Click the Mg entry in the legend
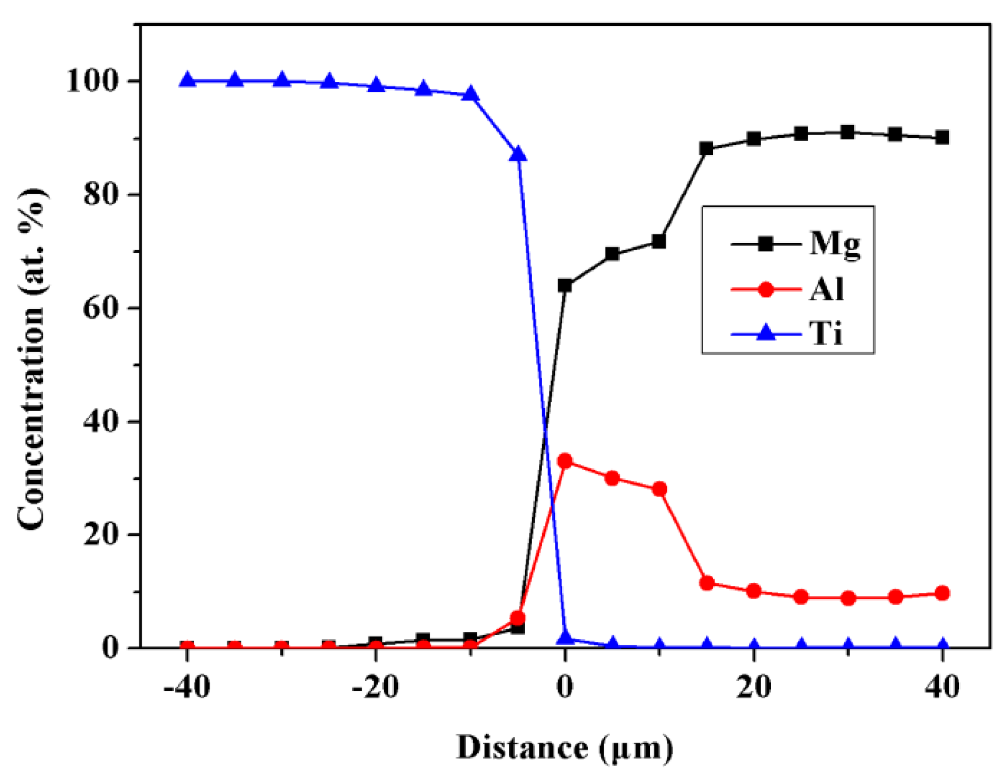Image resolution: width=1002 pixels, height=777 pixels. point(835,244)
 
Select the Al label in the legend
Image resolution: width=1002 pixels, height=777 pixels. point(827,289)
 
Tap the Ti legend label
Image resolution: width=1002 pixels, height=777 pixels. point(826,334)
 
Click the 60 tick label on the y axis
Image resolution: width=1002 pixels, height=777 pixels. point(100,308)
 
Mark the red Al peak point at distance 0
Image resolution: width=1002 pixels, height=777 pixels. point(565,461)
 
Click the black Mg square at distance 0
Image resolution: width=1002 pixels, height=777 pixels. point(565,286)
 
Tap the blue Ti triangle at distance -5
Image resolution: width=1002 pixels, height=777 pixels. point(518,154)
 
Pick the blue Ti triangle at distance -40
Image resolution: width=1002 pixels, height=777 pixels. point(187,80)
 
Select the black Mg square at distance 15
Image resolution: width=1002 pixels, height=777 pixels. point(706,148)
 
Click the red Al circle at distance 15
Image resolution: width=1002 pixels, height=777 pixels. point(706,583)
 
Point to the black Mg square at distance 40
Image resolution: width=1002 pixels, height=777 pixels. point(942,138)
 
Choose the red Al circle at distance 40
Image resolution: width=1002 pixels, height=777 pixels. point(942,593)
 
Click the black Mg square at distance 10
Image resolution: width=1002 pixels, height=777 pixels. point(659,241)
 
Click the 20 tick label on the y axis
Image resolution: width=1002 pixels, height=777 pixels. point(100,535)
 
